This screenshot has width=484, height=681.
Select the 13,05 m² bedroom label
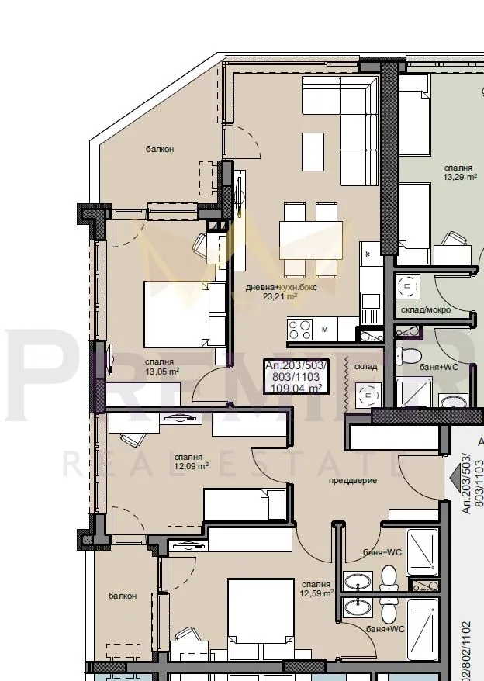click(162, 371)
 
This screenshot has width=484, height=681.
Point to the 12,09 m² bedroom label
click(191, 466)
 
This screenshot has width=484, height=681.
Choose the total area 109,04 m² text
click(296, 389)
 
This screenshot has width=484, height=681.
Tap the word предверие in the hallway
click(352, 480)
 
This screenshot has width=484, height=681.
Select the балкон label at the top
click(159, 148)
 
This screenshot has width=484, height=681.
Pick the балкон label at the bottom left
click(123, 596)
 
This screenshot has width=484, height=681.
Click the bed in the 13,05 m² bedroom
click(183, 314)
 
